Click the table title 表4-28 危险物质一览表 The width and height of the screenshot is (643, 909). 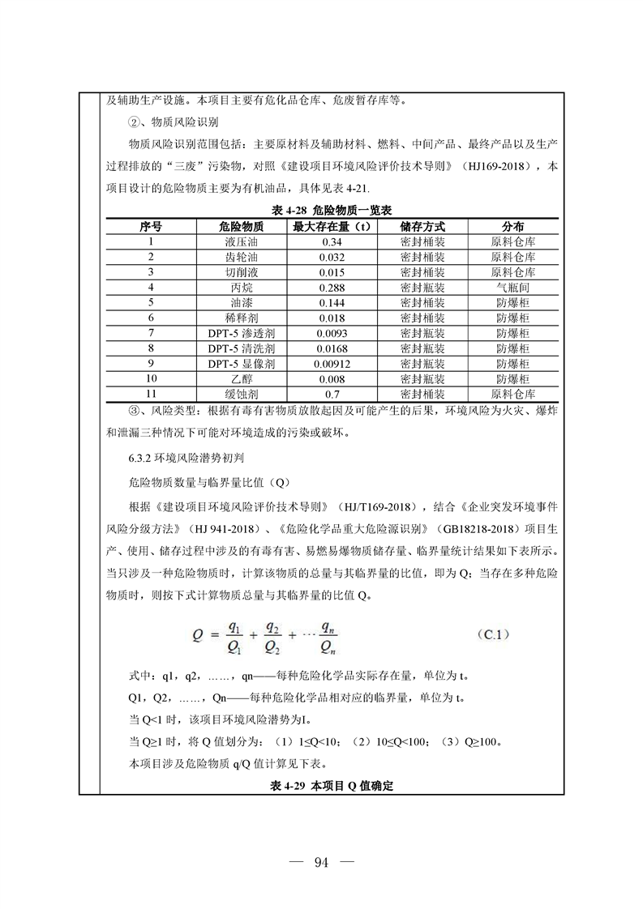point(321,211)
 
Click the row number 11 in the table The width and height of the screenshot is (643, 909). point(151,394)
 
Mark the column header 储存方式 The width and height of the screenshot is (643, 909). point(422,226)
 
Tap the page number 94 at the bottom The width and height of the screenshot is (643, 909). point(320,861)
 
